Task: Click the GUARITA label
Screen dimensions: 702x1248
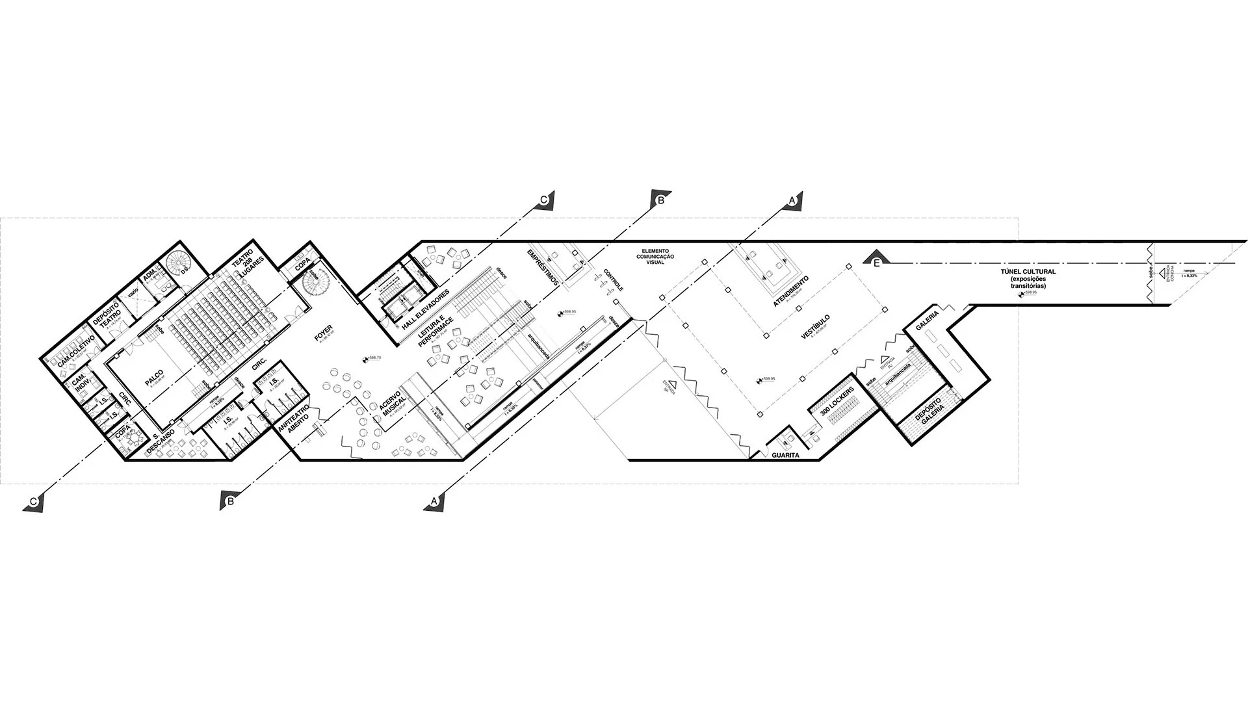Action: pyautogui.click(x=785, y=456)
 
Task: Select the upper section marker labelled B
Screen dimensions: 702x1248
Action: pyautogui.click(x=660, y=200)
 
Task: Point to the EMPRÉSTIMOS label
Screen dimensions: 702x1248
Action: pyautogui.click(x=543, y=266)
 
